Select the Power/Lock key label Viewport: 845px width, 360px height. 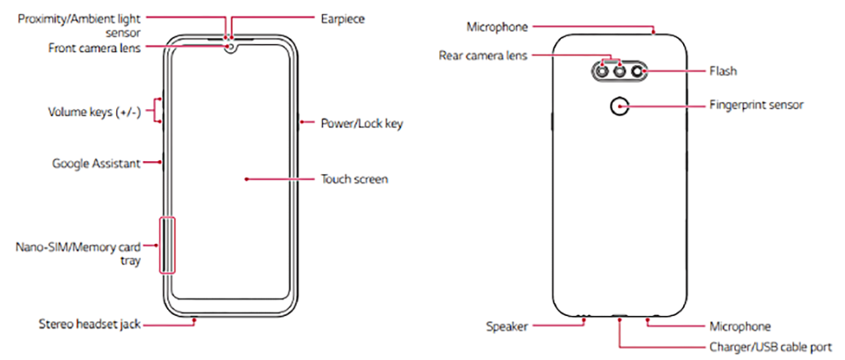point(361,123)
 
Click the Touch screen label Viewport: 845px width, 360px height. point(356,179)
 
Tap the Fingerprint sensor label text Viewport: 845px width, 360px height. point(756,104)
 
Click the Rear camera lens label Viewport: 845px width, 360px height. point(483,55)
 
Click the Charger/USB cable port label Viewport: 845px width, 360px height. point(770,347)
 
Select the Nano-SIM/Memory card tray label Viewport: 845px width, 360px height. point(78,253)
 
